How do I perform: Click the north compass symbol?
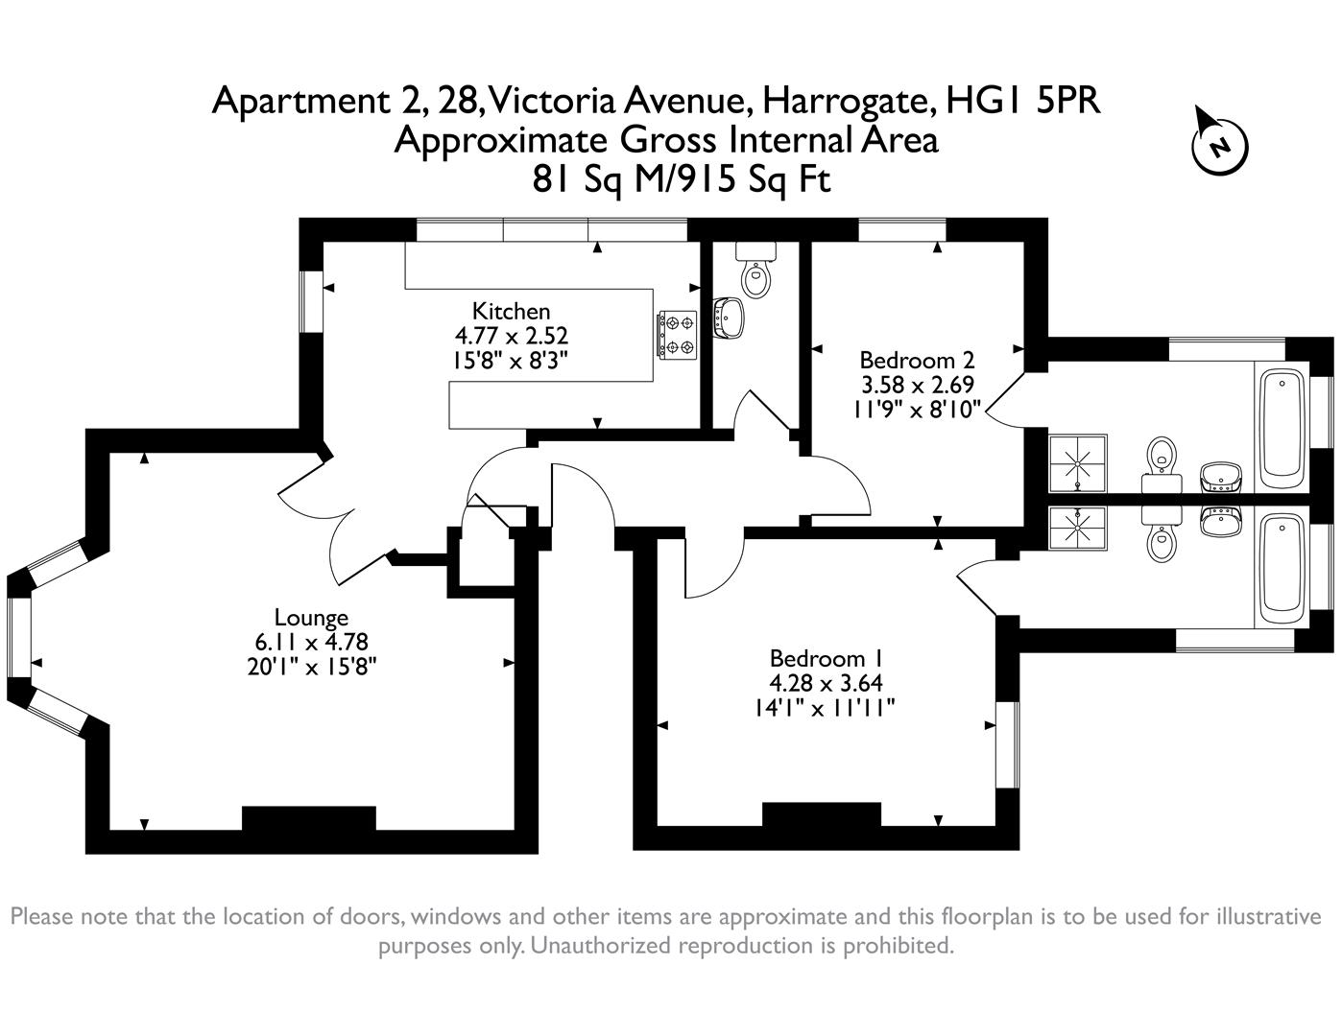point(1219,147)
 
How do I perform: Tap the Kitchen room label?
point(511,311)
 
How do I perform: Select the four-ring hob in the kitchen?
point(677,335)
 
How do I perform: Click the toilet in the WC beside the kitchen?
point(756,277)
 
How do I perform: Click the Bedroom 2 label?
point(917,361)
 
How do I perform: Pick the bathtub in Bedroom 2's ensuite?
point(1281,426)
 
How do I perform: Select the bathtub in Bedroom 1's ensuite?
point(1281,564)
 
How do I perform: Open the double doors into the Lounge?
point(336,518)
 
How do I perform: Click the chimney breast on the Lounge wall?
point(308,818)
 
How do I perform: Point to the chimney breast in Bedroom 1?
point(821,814)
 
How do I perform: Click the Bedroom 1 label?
point(825,659)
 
